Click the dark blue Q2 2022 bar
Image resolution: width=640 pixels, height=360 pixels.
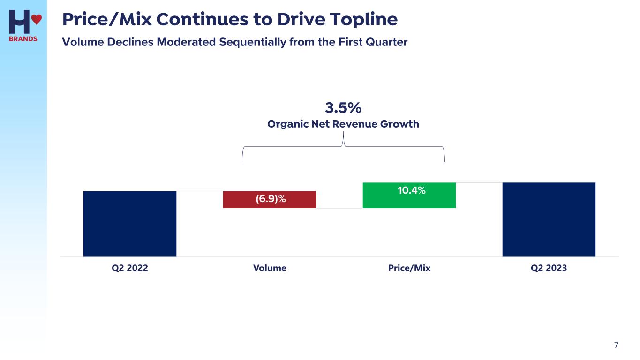click(x=130, y=224)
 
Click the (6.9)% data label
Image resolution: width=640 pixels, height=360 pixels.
click(x=271, y=199)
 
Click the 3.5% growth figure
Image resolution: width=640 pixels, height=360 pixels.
click(x=343, y=108)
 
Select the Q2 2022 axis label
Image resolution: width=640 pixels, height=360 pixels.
click(x=130, y=268)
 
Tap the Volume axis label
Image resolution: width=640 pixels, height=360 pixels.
click(x=270, y=268)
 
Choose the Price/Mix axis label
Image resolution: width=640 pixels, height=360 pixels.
click(x=409, y=268)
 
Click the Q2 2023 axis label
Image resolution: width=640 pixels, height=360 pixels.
click(x=549, y=268)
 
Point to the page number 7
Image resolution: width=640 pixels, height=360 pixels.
click(x=616, y=345)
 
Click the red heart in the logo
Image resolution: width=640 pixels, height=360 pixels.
click(x=37, y=19)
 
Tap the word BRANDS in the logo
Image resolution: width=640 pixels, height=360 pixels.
click(x=23, y=39)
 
